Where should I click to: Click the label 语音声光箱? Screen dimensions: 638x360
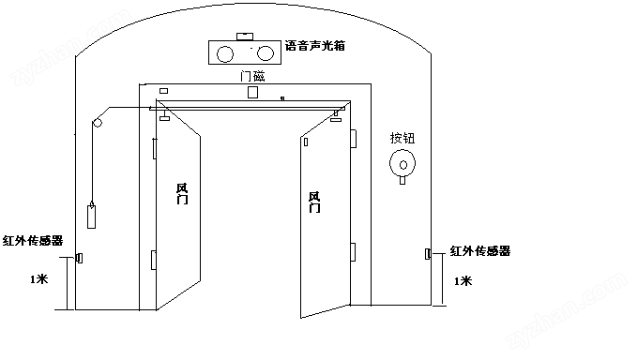pos(315,46)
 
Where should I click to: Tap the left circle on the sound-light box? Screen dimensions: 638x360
pos(225,54)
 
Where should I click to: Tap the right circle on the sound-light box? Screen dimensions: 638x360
pos(266,52)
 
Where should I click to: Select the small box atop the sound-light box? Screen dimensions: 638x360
pos(245,37)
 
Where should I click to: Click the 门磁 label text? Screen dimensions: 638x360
pos(252,76)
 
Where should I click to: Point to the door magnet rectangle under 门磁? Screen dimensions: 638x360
pos(252,92)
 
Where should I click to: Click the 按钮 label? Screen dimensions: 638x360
pos(403,139)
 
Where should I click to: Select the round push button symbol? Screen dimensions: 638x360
pos(403,163)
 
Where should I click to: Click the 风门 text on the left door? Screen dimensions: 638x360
pos(182,194)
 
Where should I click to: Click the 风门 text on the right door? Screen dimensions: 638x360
pos(314,202)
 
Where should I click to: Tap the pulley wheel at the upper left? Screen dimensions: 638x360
pos(98,123)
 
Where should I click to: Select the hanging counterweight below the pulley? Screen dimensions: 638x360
pos(92,217)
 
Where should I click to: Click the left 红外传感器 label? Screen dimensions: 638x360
pos(33,241)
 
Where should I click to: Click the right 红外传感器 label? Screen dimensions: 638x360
pos(480,251)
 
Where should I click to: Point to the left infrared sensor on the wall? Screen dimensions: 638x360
pos(80,258)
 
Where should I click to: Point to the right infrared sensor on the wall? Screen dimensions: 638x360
pos(428,254)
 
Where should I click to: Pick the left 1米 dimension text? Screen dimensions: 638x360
pos(39,279)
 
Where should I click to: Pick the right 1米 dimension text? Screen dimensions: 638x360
pos(463,281)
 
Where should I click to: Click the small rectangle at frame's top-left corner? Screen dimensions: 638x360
pos(163,91)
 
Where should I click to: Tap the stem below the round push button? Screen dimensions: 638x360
pos(403,180)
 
